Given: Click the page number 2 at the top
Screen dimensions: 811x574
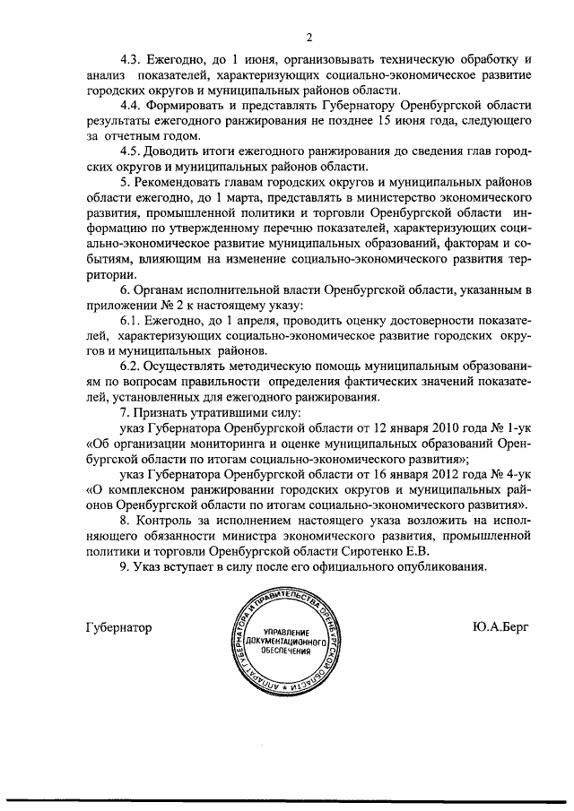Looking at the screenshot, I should [x=308, y=37].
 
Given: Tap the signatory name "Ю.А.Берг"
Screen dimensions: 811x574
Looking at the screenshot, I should [x=497, y=627].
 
